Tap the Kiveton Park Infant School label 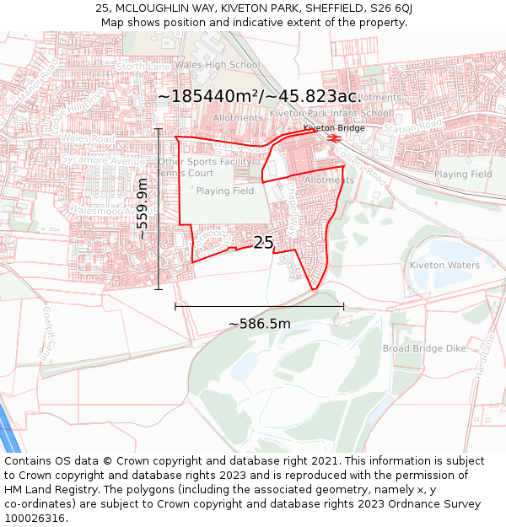[331, 113]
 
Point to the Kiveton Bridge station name [334, 128]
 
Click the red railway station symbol [334, 137]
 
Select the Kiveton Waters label [444, 266]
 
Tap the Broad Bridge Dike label [424, 348]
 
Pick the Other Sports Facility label [205, 162]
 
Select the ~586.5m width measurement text [259, 324]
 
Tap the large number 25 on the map [263, 243]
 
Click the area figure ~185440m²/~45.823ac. [259, 96]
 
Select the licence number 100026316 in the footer [35, 518]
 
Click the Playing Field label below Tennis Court [225, 191]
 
